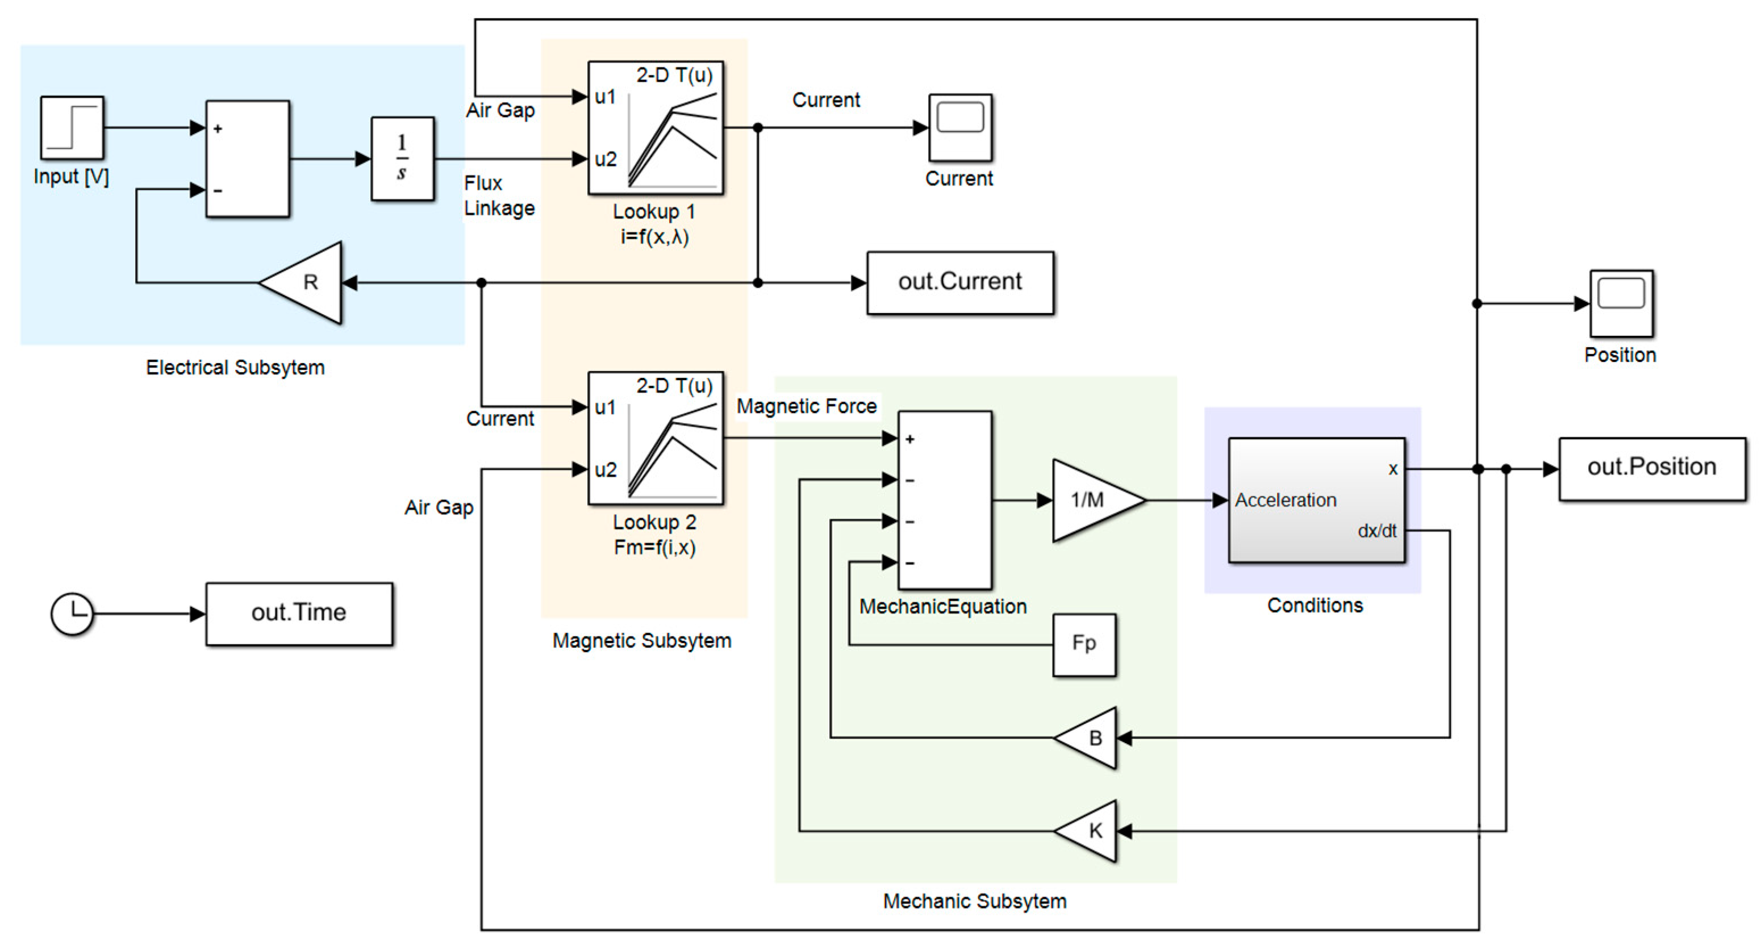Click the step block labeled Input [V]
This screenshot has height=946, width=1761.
click(72, 128)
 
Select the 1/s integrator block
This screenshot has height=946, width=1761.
click(402, 159)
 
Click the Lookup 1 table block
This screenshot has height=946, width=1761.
click(656, 128)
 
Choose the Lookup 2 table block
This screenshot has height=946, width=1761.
click(656, 438)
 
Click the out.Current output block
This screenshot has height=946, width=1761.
click(960, 282)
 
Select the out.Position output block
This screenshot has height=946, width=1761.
click(1651, 468)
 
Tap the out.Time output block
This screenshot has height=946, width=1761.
click(299, 613)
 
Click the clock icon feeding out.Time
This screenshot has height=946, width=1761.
click(72, 613)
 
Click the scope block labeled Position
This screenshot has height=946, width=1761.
click(1621, 303)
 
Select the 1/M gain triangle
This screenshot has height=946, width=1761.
click(1092, 501)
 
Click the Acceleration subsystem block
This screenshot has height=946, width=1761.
click(1316, 501)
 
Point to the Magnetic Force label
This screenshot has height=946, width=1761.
click(806, 407)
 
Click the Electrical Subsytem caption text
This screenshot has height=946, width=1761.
click(235, 368)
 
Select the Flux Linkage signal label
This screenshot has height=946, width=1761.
click(498, 195)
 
